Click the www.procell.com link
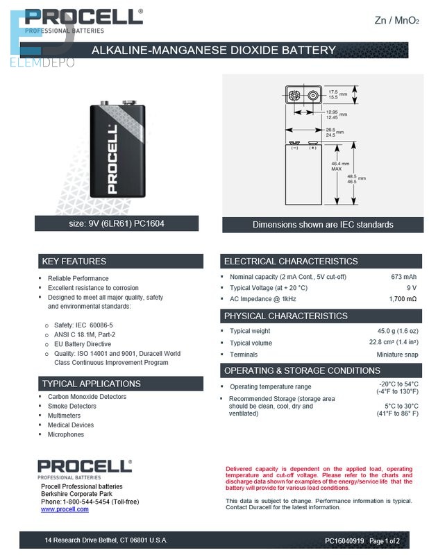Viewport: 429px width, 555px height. tap(65, 509)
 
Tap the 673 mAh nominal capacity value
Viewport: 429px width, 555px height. tap(403, 277)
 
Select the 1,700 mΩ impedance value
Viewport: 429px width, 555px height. tap(403, 298)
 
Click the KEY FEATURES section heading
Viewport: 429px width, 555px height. tap(74, 262)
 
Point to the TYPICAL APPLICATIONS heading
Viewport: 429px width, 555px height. tap(91, 384)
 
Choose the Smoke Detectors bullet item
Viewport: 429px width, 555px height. tap(71, 406)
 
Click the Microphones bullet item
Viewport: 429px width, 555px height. tap(65, 434)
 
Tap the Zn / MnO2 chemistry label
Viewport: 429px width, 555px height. tap(396, 21)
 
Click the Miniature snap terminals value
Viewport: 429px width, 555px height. tap(397, 355)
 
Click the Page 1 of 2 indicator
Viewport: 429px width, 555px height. tap(385, 540)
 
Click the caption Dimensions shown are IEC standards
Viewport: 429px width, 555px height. tap(323, 225)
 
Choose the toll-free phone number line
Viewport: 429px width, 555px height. tap(90, 502)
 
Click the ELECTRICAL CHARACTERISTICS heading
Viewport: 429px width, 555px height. tap(290, 262)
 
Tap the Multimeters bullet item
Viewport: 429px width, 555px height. tap(64, 416)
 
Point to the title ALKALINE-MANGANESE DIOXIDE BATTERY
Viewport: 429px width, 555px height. tap(214, 50)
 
